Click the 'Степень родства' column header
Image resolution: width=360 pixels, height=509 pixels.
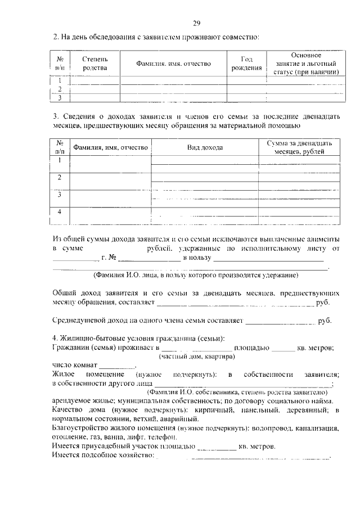coord(94,64)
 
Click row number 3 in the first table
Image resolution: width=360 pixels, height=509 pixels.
coord(60,97)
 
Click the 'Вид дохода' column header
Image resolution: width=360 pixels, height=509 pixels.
coord(205,147)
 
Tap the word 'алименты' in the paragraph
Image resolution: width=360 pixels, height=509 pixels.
coord(321,238)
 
